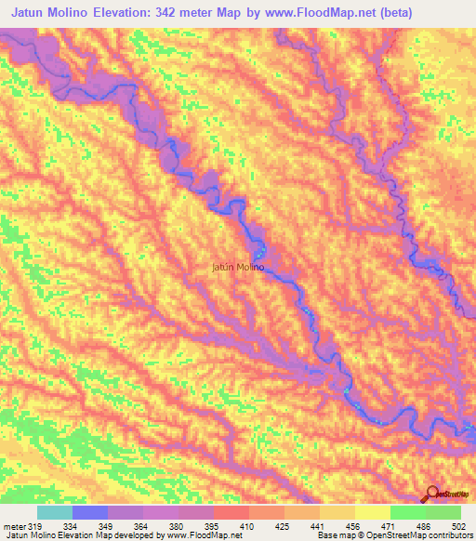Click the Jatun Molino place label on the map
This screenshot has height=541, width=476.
pyautogui.click(x=238, y=267)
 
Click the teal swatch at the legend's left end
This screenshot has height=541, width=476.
pyautogui.click(x=55, y=512)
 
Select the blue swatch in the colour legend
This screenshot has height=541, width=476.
pyautogui.click(x=90, y=512)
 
